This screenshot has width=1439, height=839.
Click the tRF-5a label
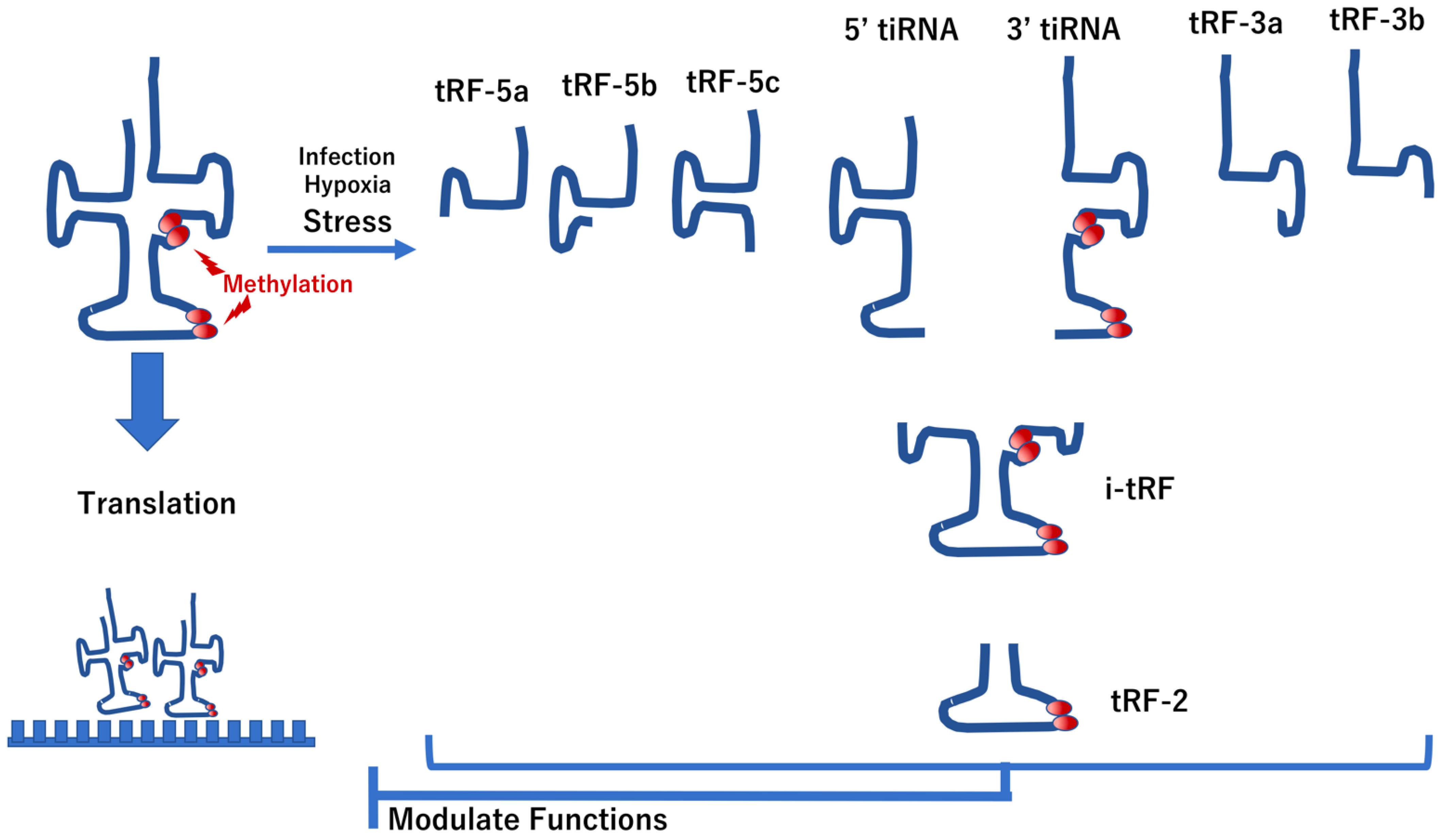481,92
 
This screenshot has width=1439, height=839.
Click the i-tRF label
1139,490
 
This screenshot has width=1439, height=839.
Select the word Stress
347,221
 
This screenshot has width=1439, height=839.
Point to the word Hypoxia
347,185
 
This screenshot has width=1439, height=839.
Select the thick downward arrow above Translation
147,400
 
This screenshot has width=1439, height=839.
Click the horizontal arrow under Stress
341,250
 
